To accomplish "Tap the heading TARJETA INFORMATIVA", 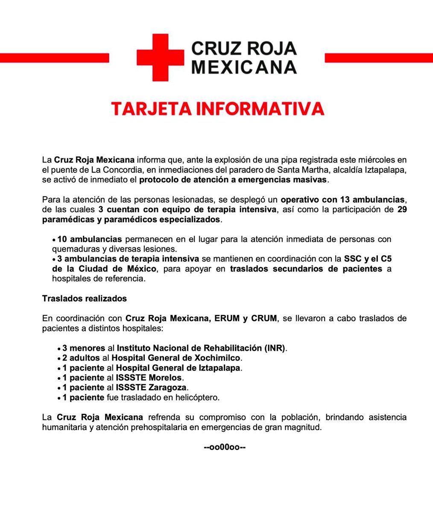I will (x=217, y=108).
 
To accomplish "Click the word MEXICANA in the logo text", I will (x=244, y=67).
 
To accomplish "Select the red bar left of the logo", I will (x=54, y=57).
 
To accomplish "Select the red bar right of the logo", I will (x=379, y=57).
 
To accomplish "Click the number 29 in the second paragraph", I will (x=401, y=209).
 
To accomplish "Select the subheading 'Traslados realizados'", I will (x=84, y=299).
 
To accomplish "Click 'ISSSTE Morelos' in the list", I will (x=149, y=377).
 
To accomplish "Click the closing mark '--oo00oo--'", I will (x=224, y=447).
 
